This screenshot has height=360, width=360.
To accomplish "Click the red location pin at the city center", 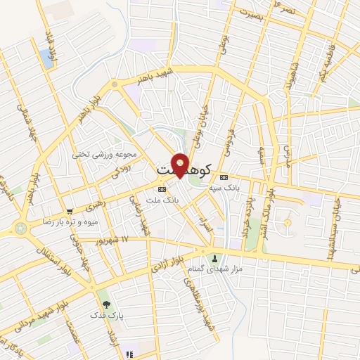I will point(181,164).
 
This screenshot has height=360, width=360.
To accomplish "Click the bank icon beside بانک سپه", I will point(224,177).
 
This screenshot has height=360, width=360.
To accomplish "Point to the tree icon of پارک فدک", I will point(106,304).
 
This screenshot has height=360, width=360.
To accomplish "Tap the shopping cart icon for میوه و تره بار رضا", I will point(69,211).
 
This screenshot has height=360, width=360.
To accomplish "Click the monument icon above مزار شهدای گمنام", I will point(215,257).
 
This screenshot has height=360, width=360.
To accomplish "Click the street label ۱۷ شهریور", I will point(115,240).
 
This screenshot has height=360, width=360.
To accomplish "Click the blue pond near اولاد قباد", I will point(47,58).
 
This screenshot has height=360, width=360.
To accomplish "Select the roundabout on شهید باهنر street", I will point(115,85).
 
